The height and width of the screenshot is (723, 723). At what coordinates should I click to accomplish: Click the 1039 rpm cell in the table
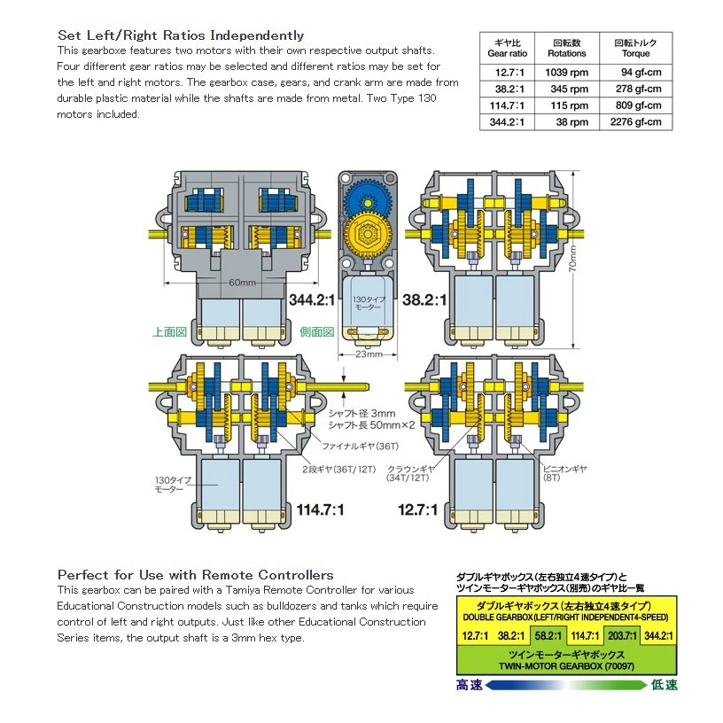(x=567, y=73)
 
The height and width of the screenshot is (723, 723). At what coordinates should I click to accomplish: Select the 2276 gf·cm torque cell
(x=635, y=122)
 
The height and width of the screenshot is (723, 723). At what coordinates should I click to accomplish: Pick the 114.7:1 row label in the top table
(x=507, y=105)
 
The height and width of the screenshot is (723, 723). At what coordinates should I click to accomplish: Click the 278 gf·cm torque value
(x=638, y=89)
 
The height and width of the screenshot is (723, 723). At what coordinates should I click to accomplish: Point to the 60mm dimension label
(x=242, y=282)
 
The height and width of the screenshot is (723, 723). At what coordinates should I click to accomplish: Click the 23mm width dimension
(x=369, y=354)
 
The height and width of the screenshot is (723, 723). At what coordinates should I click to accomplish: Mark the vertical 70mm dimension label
(x=572, y=258)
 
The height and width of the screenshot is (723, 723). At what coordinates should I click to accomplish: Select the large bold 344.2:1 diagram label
(x=312, y=300)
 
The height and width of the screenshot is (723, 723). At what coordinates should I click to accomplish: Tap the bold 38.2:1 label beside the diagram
(x=424, y=300)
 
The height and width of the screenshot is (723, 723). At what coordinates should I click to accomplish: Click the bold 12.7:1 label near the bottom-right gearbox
(x=417, y=510)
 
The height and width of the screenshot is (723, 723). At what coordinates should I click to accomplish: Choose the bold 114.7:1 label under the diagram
(x=320, y=510)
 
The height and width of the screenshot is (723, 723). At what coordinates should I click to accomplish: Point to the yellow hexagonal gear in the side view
(x=368, y=234)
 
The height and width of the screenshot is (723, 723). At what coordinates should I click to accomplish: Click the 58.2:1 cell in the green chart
(x=548, y=636)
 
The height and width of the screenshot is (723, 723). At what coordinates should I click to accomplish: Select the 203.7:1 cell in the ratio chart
(x=622, y=636)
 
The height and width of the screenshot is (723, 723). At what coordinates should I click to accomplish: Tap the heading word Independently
(x=257, y=35)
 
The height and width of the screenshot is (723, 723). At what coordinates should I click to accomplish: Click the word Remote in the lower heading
(x=228, y=575)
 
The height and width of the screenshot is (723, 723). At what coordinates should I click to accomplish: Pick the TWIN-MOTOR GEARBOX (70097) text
(x=566, y=665)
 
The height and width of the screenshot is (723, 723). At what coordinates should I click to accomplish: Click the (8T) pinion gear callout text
(x=551, y=478)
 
